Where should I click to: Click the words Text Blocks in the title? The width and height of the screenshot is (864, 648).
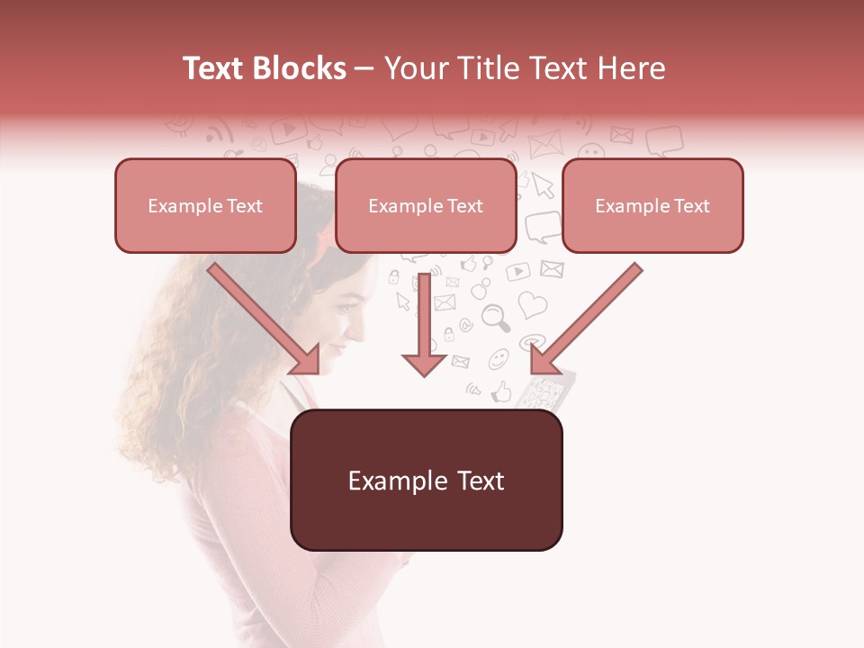tap(265, 68)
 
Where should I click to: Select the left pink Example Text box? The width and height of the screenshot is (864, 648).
tap(205, 205)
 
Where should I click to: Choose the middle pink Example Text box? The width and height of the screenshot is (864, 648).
tap(426, 205)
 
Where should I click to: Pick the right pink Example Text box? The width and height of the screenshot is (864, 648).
tap(652, 205)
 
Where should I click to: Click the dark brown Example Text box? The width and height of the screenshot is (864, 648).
tap(427, 480)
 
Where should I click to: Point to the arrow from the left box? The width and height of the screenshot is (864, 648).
tap(265, 319)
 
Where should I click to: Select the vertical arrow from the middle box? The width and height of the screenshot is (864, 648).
tap(424, 324)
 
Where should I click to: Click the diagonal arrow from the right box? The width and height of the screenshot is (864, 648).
tap(585, 319)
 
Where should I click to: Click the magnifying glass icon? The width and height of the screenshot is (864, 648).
tap(496, 317)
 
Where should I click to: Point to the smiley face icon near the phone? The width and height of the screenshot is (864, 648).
tap(498, 359)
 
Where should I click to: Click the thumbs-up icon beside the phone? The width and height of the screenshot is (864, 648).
tap(500, 391)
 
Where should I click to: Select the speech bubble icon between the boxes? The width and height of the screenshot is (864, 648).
tap(542, 227)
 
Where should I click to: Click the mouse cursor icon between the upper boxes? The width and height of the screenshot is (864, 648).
tap(542, 184)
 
